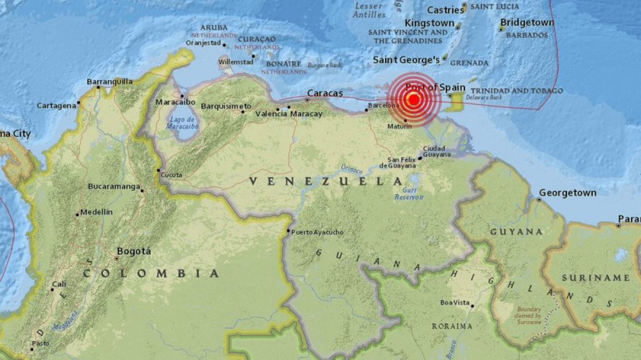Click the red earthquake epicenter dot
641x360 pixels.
[x=413, y=100]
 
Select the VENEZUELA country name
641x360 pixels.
[x=326, y=181]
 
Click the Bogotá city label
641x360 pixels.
[x=134, y=251]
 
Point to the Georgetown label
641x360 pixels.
[x=568, y=193]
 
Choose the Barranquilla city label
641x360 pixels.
[x=110, y=81]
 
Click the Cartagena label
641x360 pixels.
[x=56, y=105]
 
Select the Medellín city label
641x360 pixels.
[x=96, y=212]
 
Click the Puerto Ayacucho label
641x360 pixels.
[x=317, y=232]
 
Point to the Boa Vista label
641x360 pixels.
[x=454, y=302]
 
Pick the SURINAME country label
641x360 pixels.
[x=595, y=277]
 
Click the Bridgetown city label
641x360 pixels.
[x=526, y=23]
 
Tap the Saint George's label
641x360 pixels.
[x=406, y=60]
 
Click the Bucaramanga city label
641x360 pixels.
[x=113, y=187]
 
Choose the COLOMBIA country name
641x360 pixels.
[x=151, y=274]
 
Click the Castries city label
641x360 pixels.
[x=446, y=10]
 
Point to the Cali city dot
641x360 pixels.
[x=53, y=289]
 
